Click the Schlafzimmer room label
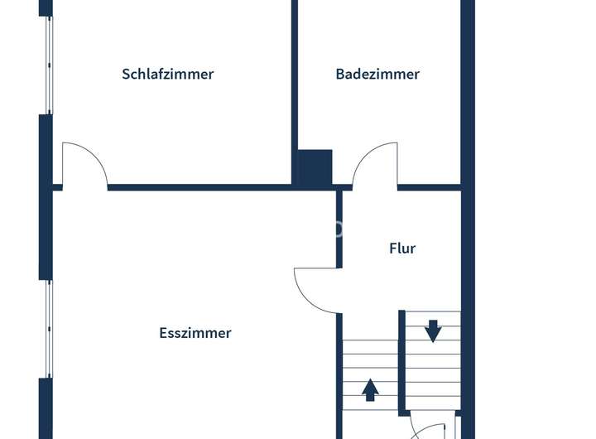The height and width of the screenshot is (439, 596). click(167, 74)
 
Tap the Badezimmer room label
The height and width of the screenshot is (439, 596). click(377, 74)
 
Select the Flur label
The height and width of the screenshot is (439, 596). click(402, 248)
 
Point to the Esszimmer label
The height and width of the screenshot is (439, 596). click(195, 333)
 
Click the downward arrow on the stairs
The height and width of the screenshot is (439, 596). click(432, 330)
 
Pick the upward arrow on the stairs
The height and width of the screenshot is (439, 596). click(370, 388)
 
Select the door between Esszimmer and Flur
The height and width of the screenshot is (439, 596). click(317, 290)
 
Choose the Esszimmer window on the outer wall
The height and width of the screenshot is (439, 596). click(48, 329)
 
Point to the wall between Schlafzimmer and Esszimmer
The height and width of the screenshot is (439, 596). click(199, 187)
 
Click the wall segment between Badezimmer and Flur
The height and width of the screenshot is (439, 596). click(428, 187)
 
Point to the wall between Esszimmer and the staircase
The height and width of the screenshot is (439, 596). click(339, 373)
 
